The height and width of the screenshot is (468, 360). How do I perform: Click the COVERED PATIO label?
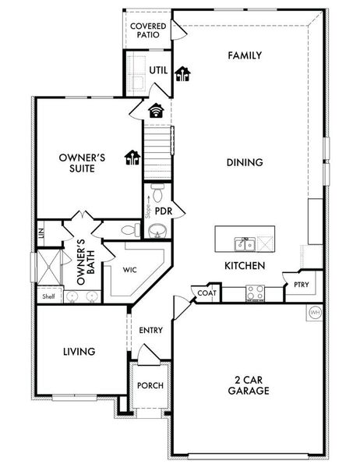click(147, 30)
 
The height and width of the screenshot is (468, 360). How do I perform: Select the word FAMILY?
click(244, 55)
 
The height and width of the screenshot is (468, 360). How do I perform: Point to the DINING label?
click(244, 162)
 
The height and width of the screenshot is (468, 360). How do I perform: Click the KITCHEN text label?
click(245, 266)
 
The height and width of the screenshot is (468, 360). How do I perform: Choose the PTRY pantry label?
click(302, 285)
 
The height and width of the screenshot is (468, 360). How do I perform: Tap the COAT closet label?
click(206, 292)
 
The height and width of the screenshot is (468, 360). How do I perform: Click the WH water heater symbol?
click(316, 313)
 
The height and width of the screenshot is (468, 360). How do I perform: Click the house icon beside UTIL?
click(183, 74)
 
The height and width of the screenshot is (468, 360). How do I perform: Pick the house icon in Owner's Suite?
click(132, 158)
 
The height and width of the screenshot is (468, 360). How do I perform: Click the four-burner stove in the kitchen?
click(256, 292)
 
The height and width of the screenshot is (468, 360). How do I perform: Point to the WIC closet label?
click(129, 269)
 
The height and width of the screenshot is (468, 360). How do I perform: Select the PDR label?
click(164, 211)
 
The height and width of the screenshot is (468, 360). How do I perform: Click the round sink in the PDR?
click(157, 231)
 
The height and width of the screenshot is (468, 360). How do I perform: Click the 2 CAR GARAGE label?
click(245, 385)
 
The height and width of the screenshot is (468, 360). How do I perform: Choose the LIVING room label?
click(79, 352)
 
